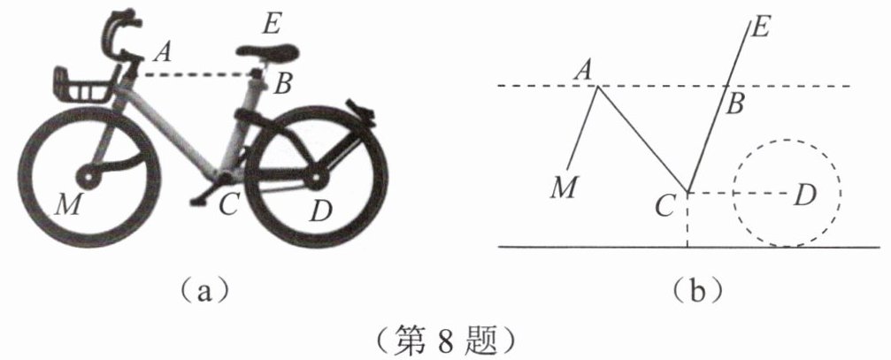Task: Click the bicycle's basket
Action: [85, 85]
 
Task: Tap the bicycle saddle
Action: [266, 52]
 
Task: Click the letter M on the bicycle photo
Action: [65, 205]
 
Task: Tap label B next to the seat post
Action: [283, 85]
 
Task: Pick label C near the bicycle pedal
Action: [229, 205]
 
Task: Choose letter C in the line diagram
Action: [664, 206]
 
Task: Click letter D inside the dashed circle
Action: [803, 193]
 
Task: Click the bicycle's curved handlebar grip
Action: [118, 32]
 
